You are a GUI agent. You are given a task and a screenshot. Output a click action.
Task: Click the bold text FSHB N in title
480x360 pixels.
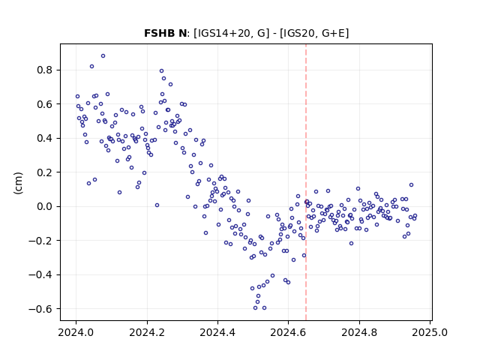165,33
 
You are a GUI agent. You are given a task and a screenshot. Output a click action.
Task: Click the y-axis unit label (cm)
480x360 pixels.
18,183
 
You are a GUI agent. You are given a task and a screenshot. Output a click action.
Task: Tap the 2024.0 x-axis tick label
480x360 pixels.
76,332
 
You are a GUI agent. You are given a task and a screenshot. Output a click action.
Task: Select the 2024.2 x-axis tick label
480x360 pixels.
147,332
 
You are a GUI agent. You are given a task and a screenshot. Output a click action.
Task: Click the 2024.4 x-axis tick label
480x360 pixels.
217,332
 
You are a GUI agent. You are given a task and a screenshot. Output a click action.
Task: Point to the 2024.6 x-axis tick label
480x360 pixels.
288,332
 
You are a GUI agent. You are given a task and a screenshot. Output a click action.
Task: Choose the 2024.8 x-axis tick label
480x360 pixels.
359,332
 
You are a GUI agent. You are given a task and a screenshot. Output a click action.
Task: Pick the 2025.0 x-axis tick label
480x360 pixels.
430,332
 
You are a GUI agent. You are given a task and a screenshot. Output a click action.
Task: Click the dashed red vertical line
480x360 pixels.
306,182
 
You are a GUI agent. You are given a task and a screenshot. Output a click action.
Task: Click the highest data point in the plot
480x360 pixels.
103,56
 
